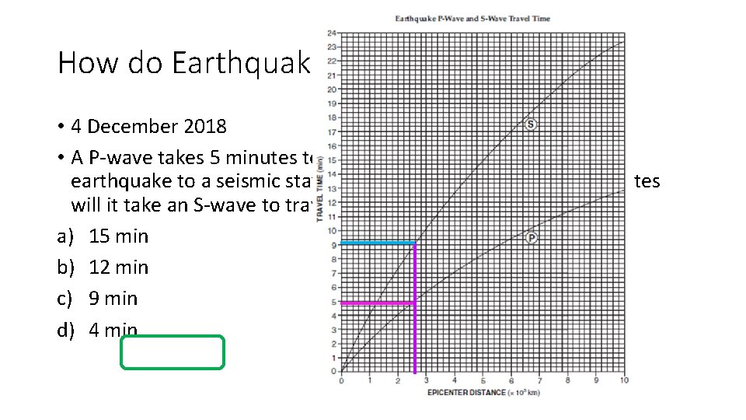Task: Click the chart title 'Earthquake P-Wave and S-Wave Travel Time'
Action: point(472,19)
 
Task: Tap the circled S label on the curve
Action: point(531,125)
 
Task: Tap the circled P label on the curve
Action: point(531,237)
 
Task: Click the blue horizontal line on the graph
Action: point(378,243)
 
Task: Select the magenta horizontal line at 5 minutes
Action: point(378,302)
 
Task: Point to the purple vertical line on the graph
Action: point(415,327)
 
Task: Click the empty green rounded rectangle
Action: point(173,352)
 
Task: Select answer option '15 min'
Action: point(118,236)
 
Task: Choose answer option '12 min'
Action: point(118,268)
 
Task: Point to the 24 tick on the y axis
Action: point(333,33)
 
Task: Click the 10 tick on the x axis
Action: point(625,380)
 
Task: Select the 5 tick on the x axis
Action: point(483,380)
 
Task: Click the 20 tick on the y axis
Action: point(333,89)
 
